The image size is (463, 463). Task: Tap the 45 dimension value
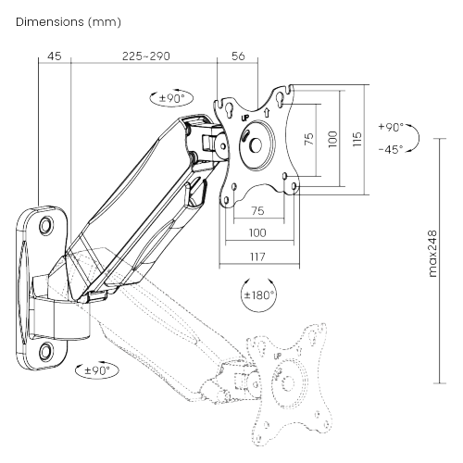coord(54,56)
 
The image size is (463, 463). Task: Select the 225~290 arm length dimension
coord(145,56)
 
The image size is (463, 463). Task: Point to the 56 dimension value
coord(238,56)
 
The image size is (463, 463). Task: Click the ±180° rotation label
coord(258,295)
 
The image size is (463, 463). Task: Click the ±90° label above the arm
coord(169,96)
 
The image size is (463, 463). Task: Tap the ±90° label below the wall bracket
coord(97,371)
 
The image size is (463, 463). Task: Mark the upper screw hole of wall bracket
coord(46,223)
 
